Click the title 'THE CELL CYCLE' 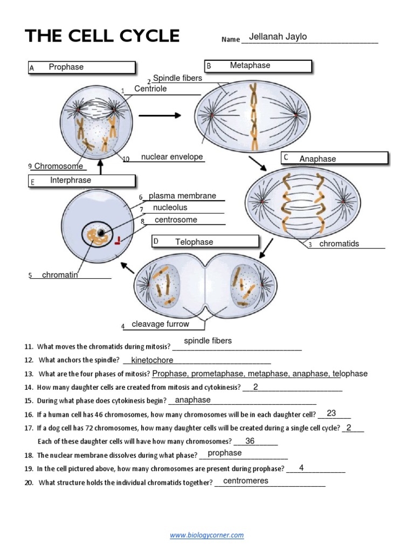(x=102, y=36)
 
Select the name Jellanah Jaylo (x=278, y=37)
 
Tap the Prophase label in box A (x=66, y=67)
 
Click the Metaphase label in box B (x=250, y=65)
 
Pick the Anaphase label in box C (x=318, y=158)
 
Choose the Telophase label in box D (x=194, y=242)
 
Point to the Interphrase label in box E (x=71, y=180)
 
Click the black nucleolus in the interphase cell (x=101, y=232)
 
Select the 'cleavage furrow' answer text (x=160, y=324)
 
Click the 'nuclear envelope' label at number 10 (x=172, y=157)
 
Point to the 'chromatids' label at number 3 (x=339, y=244)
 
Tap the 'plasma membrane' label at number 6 (x=182, y=196)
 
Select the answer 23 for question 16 (x=331, y=413)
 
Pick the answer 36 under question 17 (x=250, y=441)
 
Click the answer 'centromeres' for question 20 (x=245, y=481)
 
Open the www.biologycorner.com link (x=207, y=535)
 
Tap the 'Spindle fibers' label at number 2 (x=177, y=78)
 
